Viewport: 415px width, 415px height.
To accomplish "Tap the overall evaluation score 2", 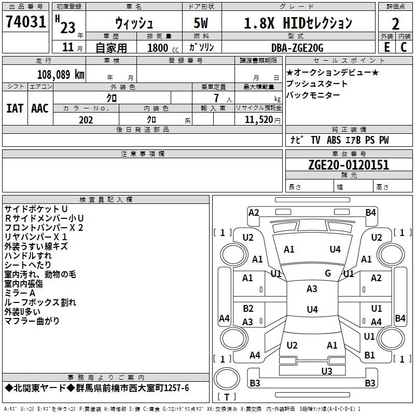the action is coord(396,23).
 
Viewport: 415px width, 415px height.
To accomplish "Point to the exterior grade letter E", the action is coord(386,47).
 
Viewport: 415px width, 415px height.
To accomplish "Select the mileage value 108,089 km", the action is coord(61,74).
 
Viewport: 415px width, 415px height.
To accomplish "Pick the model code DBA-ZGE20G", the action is coord(297,48).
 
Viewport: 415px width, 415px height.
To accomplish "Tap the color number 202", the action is coord(86,120).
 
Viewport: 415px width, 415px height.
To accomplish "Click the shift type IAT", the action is coord(15,108).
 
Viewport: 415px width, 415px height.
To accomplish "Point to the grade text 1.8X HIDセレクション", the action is coord(298,23).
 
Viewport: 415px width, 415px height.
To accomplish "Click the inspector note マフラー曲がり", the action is coord(32,321).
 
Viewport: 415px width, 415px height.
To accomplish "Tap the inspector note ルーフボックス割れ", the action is coord(40,302).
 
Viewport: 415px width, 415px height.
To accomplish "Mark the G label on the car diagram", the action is coord(327,273).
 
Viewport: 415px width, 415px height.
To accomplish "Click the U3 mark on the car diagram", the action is coord(326,370).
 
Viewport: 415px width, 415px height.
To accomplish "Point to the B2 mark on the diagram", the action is coord(248,309).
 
